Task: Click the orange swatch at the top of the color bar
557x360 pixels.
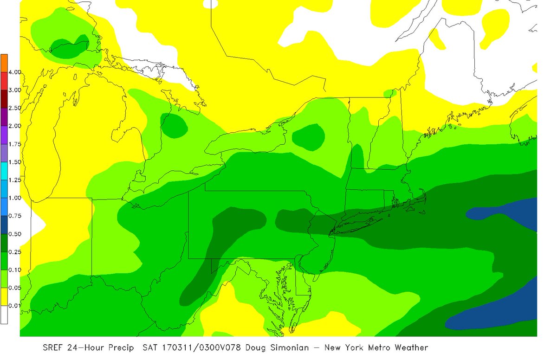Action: click(4, 63)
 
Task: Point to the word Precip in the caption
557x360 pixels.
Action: click(117, 347)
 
